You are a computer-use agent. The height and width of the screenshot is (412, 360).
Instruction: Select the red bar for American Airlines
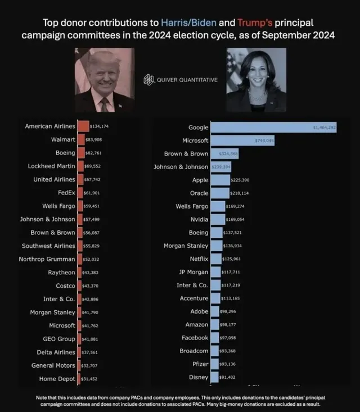click(x=83, y=126)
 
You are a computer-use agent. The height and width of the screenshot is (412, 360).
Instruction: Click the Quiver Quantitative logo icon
click(x=148, y=80)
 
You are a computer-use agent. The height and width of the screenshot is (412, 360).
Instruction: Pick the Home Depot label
click(x=57, y=378)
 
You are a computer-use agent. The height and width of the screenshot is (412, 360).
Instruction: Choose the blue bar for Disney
click(x=217, y=378)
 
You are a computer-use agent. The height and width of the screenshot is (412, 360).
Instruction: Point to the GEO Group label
click(x=59, y=339)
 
